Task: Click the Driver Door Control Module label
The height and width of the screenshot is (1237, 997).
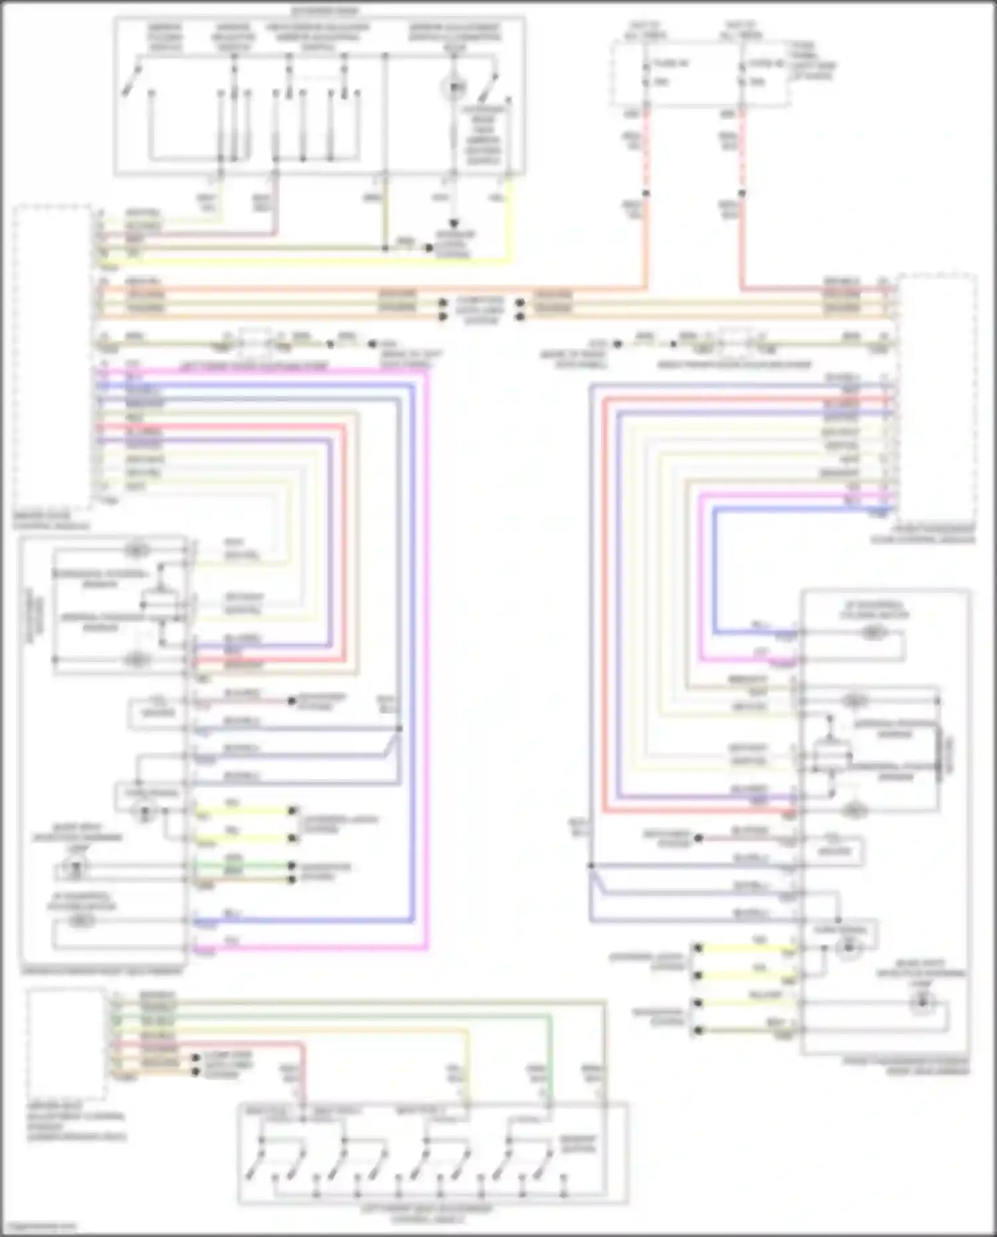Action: [51, 520]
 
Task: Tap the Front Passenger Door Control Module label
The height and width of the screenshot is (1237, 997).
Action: [923, 534]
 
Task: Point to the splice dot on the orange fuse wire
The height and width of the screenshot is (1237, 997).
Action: [645, 193]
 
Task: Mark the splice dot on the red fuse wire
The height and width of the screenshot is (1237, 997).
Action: [742, 193]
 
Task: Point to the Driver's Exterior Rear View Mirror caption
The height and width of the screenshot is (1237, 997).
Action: [100, 971]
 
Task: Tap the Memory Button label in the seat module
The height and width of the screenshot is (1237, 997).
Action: [578, 1143]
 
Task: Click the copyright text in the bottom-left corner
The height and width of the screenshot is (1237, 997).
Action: [39, 1226]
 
